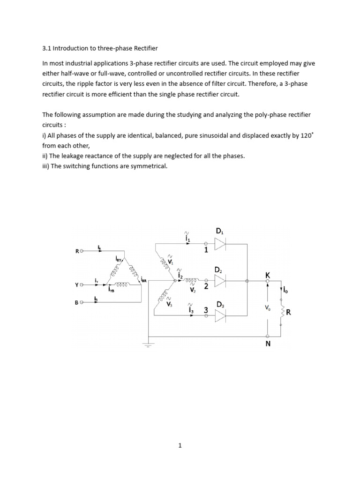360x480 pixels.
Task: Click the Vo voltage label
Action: (x=267, y=308)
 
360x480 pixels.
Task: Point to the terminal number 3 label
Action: (x=205, y=310)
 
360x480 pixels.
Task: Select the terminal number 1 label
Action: (x=205, y=250)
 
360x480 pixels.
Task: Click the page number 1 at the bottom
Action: (x=180, y=446)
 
